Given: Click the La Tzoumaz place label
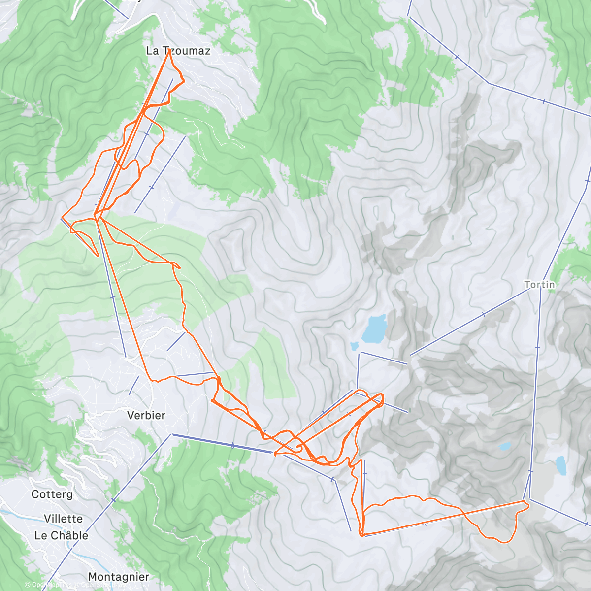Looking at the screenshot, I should tap(178, 51).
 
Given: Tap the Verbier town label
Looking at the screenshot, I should tap(146, 415).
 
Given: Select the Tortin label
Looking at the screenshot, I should tap(539, 285).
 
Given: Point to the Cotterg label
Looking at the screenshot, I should tap(52, 494).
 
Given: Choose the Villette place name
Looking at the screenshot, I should tap(63, 519).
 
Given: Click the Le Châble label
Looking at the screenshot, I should tap(61, 535).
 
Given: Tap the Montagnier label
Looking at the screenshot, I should tap(118, 577).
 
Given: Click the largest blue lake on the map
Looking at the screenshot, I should tap(374, 329).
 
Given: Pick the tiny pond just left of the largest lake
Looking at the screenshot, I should tap(354, 346).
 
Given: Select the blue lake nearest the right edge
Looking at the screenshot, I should tap(560, 465).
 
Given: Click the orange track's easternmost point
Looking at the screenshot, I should tap(528, 503).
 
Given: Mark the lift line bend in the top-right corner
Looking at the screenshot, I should tap(490, 83).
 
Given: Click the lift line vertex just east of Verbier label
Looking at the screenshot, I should tap(172, 434).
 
